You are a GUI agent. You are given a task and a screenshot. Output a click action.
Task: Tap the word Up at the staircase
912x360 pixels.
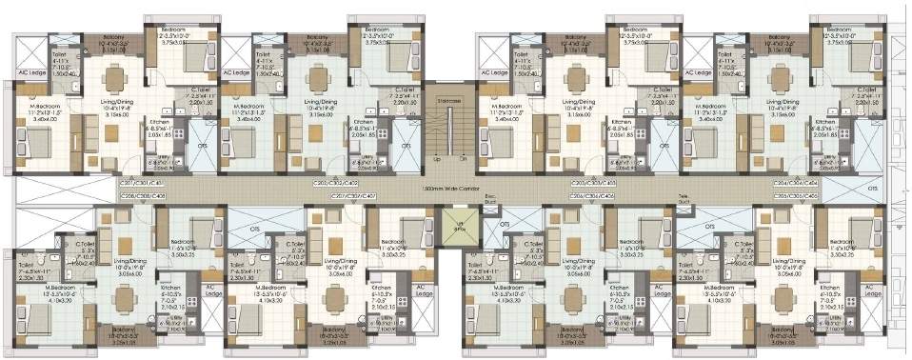tap(437, 158)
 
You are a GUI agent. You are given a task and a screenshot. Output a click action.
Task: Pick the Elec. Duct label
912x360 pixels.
tap(491, 201)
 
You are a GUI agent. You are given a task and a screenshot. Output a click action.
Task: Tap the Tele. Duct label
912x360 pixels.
tap(684, 201)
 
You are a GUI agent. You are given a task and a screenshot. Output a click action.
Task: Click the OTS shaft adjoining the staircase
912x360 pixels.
tap(406, 146)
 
